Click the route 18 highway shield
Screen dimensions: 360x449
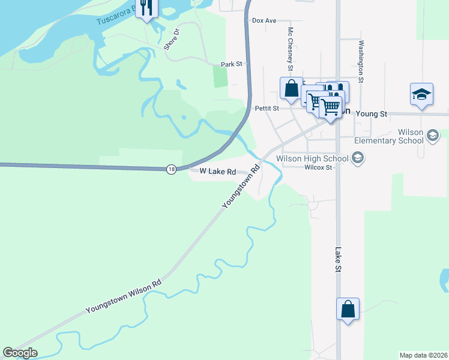[172, 170]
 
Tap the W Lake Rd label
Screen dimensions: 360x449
[218, 171]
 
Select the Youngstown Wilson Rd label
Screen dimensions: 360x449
[124, 296]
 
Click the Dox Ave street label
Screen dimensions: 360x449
[264, 20]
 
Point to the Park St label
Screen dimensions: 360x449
[231, 64]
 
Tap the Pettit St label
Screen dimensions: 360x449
[267, 109]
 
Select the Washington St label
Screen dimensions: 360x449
[361, 61]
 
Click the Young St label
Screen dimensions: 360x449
[372, 113]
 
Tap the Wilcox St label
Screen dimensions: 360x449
[318, 168]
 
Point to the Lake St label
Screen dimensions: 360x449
[338, 260]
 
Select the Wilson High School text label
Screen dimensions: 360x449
[312, 159]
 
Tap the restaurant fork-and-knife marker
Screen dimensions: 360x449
[146, 8]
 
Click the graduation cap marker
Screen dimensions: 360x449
[422, 94]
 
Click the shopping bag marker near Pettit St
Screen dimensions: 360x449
[291, 88]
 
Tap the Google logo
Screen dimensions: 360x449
[20, 353]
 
